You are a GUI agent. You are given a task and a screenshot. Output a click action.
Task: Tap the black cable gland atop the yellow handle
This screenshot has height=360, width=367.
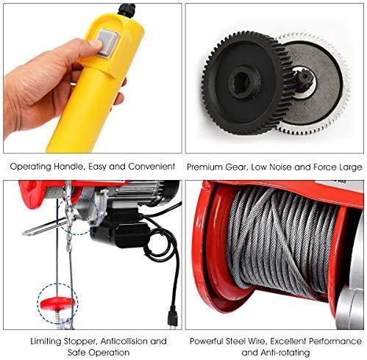(126, 10)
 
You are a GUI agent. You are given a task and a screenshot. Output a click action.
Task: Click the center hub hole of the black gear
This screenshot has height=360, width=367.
(243, 83)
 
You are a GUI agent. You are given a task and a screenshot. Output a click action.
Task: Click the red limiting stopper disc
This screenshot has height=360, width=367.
(57, 303)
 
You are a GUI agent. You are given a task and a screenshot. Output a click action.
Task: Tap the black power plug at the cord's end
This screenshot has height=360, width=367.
(173, 318)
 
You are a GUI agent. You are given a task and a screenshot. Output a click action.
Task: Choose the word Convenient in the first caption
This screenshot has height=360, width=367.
(152, 167)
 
